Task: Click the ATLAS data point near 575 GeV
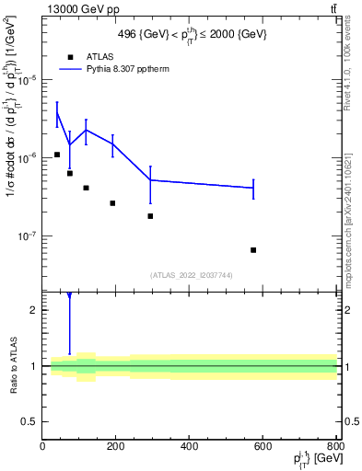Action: click(253, 250)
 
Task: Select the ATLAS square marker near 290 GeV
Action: click(150, 216)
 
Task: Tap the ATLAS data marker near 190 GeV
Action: click(112, 203)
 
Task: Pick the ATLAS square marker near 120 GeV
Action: click(86, 188)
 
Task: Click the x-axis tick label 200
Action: click(115, 448)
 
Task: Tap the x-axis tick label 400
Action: click(189, 448)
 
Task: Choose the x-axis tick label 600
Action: click(263, 448)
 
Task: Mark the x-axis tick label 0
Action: click(42, 448)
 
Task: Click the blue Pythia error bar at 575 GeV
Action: click(253, 188)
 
